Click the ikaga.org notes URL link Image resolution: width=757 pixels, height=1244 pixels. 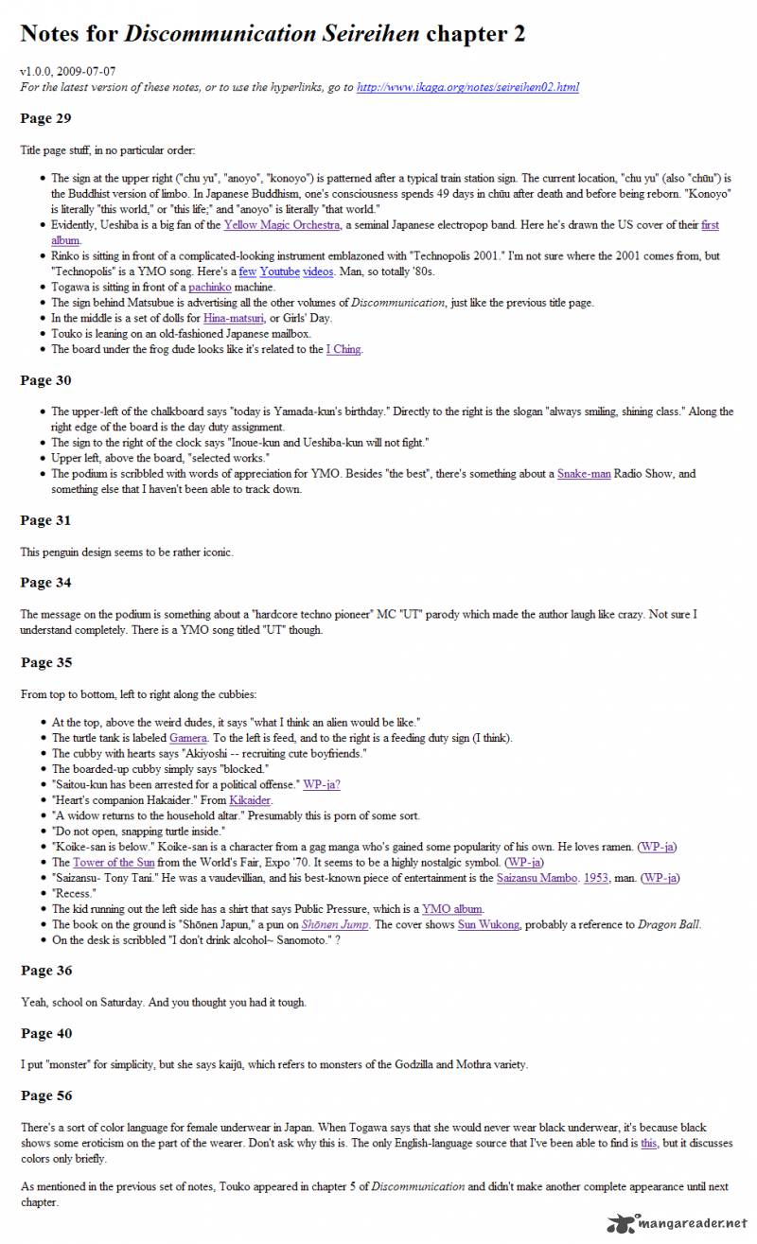pyautogui.click(x=467, y=87)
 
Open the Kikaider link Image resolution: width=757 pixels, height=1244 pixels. pyautogui.click(x=249, y=800)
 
